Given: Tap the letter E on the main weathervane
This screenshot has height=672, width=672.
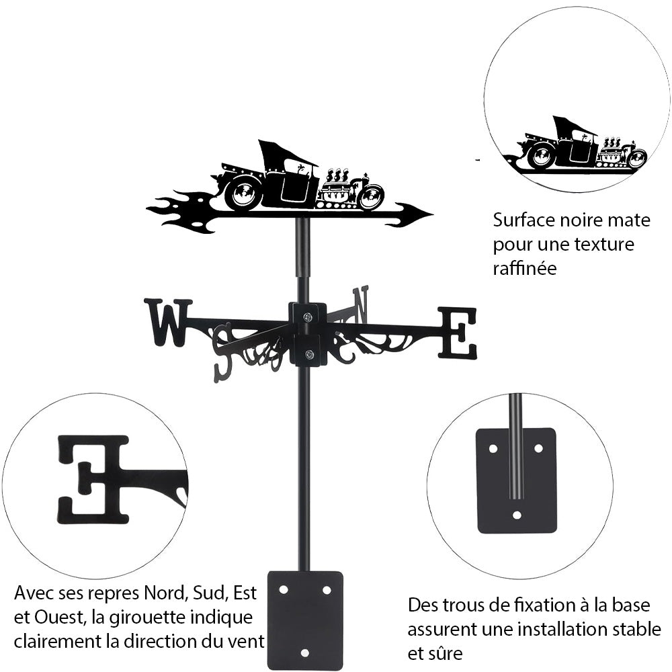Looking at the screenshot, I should click(458, 333).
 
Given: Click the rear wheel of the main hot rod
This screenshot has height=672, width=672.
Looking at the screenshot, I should click(243, 194).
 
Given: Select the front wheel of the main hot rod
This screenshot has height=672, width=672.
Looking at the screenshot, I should click(371, 197).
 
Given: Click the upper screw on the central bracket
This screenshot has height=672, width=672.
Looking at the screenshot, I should click(307, 317).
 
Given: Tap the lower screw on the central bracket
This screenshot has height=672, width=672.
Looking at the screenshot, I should click(308, 353).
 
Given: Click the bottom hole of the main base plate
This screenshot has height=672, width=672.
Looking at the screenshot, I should click(305, 653).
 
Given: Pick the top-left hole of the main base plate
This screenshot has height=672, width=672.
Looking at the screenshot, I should click(284, 589).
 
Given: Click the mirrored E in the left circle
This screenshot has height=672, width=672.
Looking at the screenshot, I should click(93, 479).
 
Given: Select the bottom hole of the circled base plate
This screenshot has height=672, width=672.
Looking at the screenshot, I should click(516, 515).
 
